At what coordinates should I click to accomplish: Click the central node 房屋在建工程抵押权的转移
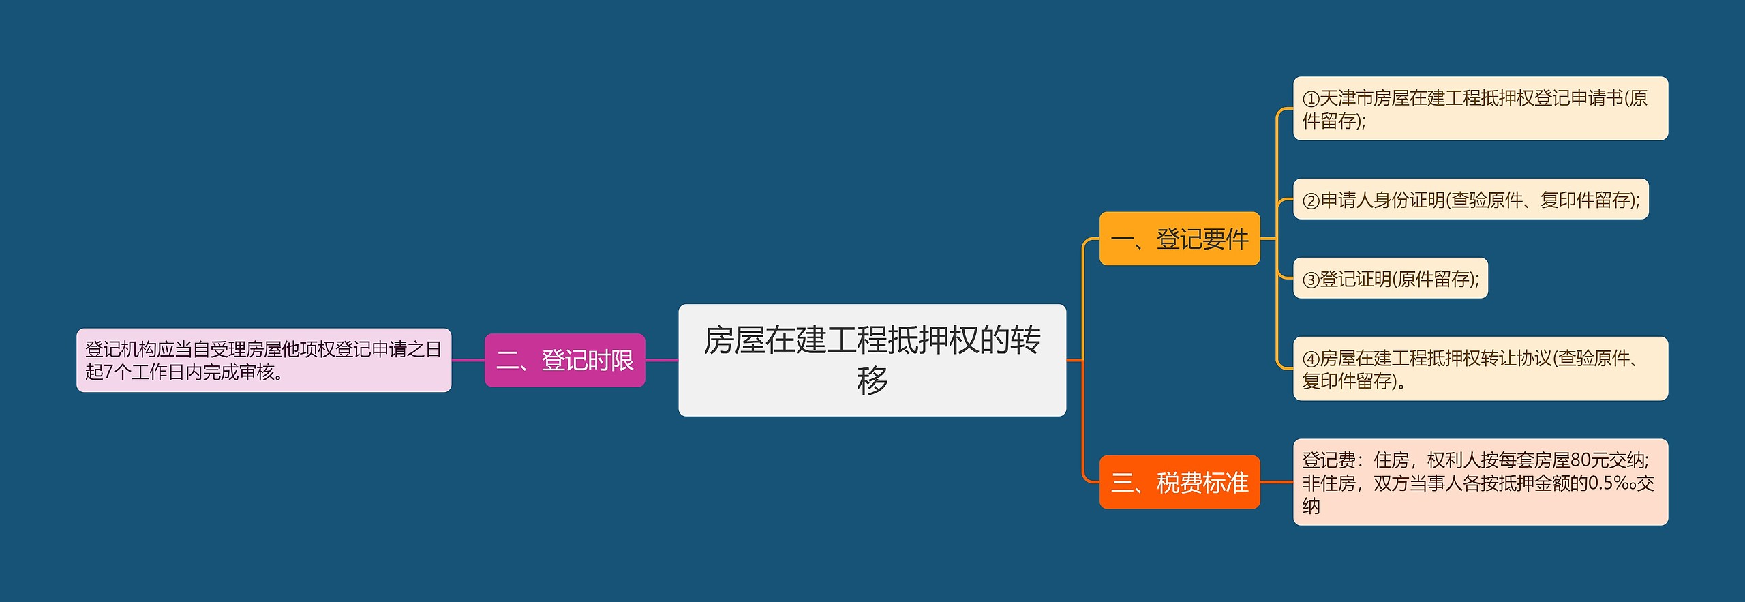872,359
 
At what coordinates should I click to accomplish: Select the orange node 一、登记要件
1179,239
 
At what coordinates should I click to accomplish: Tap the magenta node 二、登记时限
564,360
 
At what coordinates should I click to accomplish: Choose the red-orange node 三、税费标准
1179,482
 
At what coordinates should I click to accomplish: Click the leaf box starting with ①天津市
1480,108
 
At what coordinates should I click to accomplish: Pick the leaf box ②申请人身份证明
1470,199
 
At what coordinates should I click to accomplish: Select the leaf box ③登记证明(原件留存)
1390,278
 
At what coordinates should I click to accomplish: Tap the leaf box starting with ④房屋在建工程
1480,369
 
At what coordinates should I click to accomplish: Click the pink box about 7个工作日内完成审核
263,360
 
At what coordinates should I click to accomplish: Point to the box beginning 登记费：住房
1480,482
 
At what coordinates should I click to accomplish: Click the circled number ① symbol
1311,99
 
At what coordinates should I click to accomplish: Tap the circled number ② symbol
1311,200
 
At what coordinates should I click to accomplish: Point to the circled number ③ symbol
1311,280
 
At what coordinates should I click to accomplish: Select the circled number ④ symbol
1311,359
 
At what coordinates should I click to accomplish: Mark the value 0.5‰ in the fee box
1611,483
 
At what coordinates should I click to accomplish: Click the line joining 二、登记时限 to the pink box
468,360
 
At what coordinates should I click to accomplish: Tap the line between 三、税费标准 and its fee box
1276,482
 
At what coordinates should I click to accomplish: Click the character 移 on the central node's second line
872,380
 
